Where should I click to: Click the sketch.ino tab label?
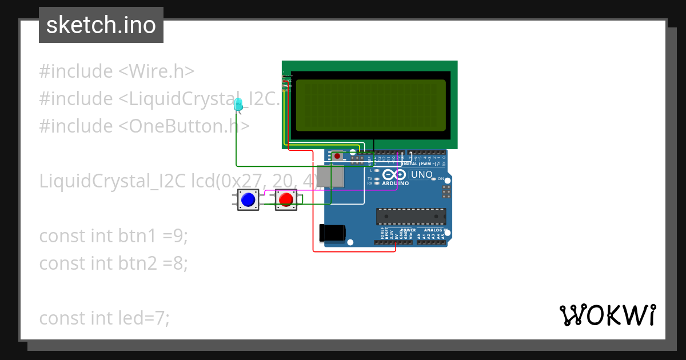point(101,25)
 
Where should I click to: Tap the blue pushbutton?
point(248,200)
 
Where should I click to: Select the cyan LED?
point(238,104)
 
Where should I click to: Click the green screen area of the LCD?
point(370,105)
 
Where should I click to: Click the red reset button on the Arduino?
point(337,155)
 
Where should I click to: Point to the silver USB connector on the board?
point(331,177)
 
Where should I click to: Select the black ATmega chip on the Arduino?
point(410,217)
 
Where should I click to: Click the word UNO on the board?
point(421,174)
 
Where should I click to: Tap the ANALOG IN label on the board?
point(435,230)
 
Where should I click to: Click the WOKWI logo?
point(607,315)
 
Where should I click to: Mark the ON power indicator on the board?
point(441,179)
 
